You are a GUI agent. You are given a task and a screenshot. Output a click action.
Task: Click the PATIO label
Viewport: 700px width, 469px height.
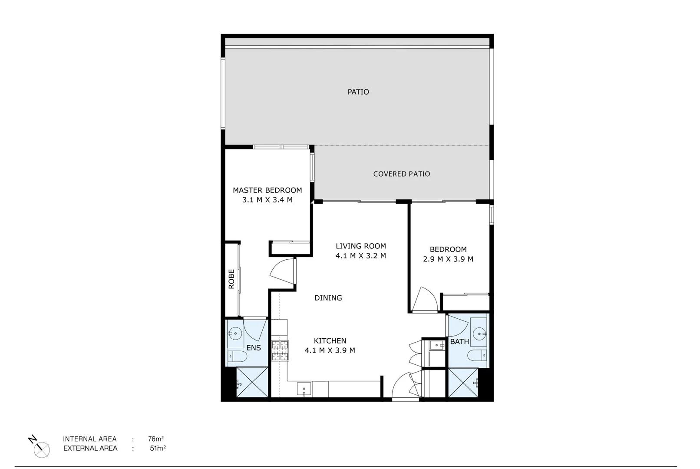358,92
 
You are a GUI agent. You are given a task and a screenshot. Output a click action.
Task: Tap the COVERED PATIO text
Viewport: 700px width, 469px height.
402,174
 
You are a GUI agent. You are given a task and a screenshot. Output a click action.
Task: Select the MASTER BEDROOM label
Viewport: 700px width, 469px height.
267,190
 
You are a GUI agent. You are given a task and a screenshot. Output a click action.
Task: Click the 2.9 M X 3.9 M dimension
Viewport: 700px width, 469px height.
448,259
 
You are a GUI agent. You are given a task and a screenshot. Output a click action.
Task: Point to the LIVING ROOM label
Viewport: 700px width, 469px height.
360,246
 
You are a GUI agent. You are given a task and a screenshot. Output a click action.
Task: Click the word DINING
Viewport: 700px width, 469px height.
328,298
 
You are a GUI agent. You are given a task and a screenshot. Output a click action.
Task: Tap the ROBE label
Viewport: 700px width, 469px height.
231,279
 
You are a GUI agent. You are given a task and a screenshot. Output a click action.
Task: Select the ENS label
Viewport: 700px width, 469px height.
254,348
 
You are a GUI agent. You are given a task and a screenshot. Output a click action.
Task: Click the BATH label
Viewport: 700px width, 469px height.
459,342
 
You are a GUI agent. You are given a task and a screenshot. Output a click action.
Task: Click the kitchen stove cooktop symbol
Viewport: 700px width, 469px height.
280,351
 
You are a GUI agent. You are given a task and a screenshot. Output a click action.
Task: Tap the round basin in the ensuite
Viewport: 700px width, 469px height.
235,334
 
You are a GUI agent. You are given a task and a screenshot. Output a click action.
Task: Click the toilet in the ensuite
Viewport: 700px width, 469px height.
237,357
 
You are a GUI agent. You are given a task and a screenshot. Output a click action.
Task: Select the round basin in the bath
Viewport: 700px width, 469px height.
479,334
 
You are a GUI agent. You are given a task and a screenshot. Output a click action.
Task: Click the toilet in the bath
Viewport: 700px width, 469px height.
477,356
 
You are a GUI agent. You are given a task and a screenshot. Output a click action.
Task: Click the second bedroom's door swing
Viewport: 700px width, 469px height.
424,300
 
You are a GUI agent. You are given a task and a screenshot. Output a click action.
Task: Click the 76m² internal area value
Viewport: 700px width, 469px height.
155,439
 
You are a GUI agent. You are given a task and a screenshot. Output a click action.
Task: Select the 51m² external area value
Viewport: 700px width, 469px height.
158,449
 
